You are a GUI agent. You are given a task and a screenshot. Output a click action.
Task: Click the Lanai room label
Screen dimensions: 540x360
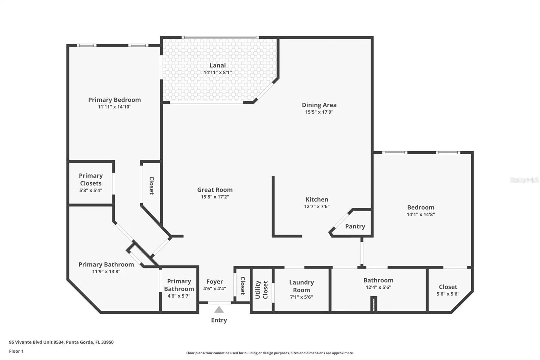217,65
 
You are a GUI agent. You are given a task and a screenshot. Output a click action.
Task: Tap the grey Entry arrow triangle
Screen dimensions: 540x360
219,310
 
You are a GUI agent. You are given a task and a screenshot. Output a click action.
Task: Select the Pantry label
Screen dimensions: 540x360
355,226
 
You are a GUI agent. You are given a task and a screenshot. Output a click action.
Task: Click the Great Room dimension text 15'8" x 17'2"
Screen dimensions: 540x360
215,197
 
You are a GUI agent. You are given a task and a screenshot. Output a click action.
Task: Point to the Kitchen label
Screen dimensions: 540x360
317,199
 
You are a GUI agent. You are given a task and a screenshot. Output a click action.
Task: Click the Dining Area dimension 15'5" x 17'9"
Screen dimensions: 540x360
319,112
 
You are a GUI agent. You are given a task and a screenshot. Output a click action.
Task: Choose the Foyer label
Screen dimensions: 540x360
215,282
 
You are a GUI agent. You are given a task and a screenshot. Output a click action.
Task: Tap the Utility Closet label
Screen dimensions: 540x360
262,290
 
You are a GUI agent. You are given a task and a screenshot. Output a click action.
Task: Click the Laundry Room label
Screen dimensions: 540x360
301,286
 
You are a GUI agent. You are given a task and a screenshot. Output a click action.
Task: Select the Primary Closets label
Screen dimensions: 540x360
91,179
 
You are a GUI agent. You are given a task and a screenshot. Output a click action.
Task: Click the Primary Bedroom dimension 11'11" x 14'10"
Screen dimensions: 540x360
114,107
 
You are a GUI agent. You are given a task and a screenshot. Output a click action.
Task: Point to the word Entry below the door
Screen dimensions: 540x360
219,320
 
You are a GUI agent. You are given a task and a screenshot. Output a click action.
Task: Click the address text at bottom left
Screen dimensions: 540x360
61,342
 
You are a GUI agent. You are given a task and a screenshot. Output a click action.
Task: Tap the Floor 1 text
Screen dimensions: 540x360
17,351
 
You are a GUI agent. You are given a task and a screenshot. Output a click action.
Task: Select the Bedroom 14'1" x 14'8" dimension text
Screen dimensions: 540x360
421,214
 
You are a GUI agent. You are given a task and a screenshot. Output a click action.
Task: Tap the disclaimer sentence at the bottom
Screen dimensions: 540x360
270,353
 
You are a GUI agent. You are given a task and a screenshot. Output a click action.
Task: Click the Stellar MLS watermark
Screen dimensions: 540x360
524,180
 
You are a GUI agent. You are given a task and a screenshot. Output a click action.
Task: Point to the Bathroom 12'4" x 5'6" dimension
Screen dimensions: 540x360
378,287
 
